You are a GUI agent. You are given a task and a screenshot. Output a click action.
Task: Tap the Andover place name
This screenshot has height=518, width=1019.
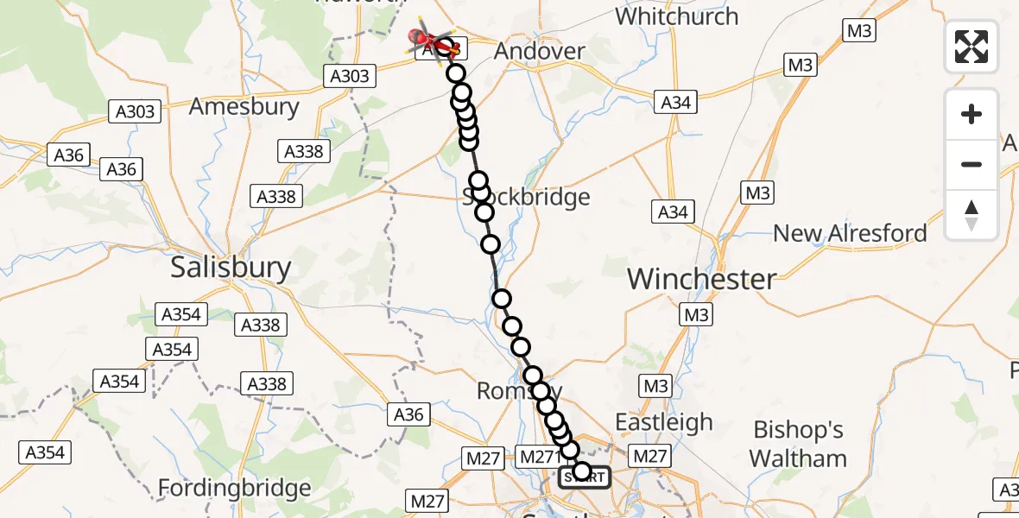coord(539,51)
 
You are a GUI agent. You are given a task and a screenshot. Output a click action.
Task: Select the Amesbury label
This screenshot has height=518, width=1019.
coord(244,107)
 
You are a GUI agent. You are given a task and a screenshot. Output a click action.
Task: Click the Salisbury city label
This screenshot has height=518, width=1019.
coord(231,267)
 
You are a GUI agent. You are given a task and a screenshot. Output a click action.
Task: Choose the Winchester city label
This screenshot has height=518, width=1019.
coord(701,279)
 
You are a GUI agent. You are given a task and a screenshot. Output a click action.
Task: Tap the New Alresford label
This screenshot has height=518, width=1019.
coord(850,233)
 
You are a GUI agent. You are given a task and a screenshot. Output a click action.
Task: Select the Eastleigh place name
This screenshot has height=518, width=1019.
coord(663,422)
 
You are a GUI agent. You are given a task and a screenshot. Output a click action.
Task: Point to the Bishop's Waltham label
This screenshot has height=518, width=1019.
coord(799,444)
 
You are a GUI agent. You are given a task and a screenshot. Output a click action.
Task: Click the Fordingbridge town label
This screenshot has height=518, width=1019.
coord(234,489)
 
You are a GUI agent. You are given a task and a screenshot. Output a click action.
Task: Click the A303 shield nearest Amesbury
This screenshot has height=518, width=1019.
coord(136,111)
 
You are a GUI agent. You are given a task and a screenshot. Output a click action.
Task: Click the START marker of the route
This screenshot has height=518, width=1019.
coord(585,476)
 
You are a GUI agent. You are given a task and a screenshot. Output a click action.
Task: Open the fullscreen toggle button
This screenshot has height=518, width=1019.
coord(972,46)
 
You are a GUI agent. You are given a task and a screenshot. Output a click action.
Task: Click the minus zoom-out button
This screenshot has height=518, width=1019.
coord(972,164)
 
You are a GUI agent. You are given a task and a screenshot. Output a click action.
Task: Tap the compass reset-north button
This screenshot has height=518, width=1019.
coord(972,215)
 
